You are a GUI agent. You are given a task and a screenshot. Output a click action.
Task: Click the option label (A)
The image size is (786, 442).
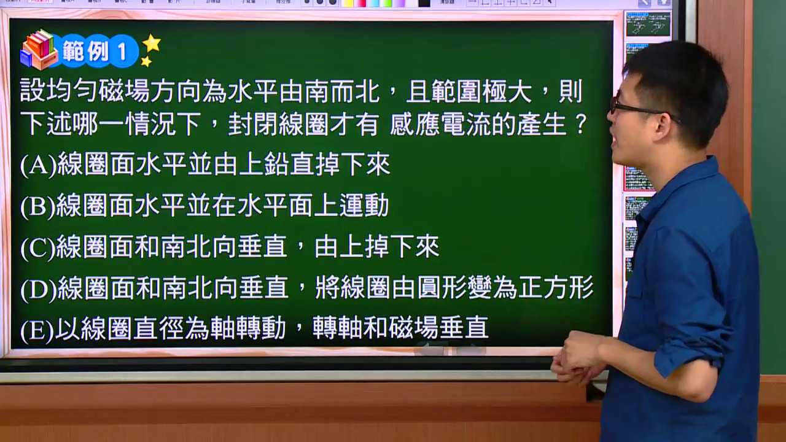[39, 165]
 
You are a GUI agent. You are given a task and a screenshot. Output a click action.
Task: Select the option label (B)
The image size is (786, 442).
[38, 206]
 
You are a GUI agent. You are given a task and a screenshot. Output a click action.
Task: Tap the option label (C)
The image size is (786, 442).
[38, 247]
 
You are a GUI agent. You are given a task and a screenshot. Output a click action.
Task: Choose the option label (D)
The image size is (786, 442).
[39, 289]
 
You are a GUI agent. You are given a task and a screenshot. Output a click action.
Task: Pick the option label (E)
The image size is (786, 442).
[37, 330]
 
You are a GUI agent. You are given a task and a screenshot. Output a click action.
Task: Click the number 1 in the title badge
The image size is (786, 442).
[122, 52]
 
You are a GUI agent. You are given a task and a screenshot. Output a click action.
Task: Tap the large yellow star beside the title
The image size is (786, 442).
[152, 43]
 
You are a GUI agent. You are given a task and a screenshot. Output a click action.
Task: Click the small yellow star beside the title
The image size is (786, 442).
[146, 61]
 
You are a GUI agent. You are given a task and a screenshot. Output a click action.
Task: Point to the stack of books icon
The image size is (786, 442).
[39, 49]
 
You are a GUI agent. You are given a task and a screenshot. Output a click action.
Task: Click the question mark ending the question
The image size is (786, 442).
[581, 123]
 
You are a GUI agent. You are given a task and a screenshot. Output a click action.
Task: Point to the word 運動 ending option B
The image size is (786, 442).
[364, 206]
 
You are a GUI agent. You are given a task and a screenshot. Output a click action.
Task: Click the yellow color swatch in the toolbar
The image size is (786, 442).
[347, 3]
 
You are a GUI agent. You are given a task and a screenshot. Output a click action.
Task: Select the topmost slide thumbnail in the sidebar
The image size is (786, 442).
[648, 24]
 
